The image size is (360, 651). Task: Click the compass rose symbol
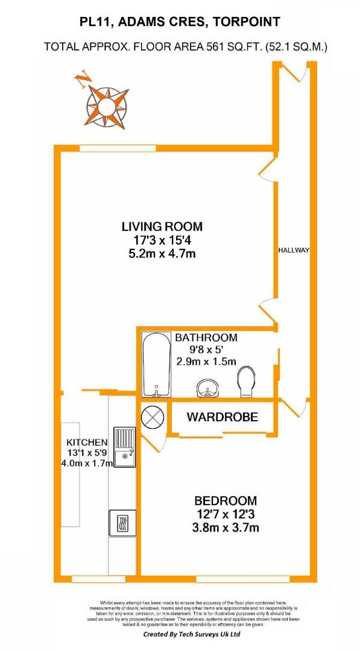(x=107, y=107)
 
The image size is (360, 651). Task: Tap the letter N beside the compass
(x=83, y=79)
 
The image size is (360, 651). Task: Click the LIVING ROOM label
(x=162, y=227)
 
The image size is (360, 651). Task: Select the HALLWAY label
(x=294, y=250)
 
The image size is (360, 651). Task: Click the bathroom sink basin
(x=206, y=389)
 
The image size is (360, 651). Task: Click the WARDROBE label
(x=222, y=417)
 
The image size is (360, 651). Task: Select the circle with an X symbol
(x=153, y=417)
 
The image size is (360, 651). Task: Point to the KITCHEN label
(x=87, y=442)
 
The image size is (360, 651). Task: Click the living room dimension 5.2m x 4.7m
(x=162, y=253)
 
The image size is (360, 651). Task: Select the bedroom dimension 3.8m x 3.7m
(x=226, y=527)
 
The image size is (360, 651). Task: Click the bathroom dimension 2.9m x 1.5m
(x=206, y=361)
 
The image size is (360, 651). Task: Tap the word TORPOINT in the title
(x=246, y=22)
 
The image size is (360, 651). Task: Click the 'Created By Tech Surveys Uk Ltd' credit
(x=191, y=634)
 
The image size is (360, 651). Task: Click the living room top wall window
(x=118, y=148)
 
